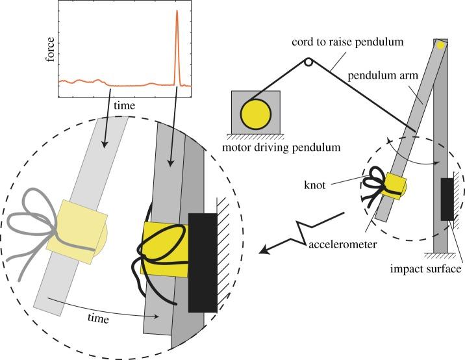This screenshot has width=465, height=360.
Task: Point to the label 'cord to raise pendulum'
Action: point(348,42)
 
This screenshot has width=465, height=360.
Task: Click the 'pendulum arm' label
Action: point(393,75)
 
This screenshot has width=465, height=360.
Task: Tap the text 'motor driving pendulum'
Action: point(283,148)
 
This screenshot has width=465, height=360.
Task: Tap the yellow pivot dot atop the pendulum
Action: point(441,45)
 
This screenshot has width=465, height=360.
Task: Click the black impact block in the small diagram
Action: point(447,198)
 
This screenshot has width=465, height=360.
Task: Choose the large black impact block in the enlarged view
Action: point(202,260)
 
